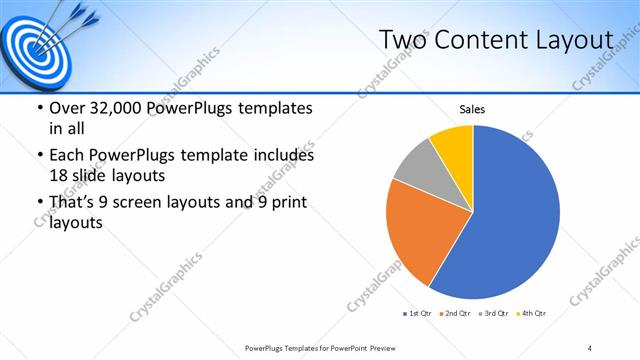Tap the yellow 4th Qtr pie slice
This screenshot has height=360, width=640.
pos(453,140)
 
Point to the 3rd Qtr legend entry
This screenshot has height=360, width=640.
pos(495,313)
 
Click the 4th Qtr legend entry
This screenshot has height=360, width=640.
pos(532,313)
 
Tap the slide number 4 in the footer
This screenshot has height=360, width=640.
pos(590,347)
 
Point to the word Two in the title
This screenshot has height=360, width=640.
pos(405,40)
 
